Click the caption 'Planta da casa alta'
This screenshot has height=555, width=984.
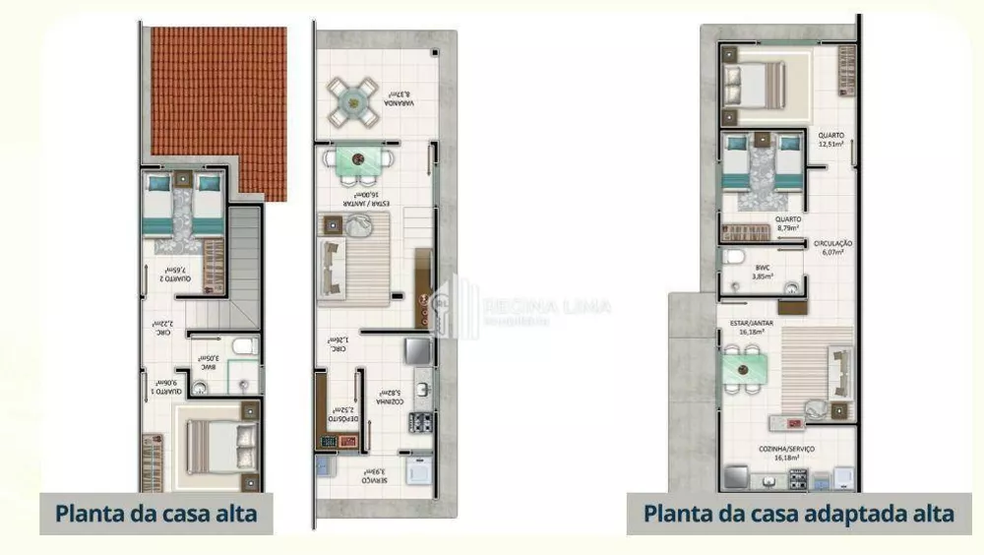155,513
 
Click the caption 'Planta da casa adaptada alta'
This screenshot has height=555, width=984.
798,513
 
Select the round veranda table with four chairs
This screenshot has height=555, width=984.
352,100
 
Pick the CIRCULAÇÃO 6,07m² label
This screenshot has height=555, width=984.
832,247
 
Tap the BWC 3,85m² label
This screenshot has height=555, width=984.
763,272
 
